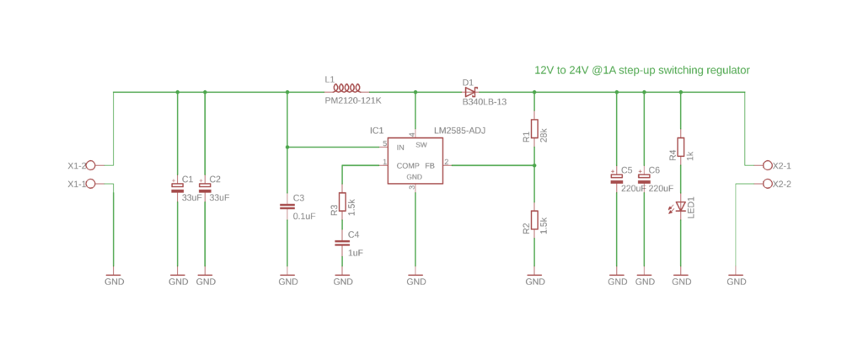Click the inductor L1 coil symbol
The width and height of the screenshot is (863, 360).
(x=346, y=87)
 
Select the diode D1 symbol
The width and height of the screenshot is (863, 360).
(x=470, y=92)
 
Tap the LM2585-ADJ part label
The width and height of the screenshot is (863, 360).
(x=459, y=131)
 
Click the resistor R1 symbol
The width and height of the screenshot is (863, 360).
(x=534, y=129)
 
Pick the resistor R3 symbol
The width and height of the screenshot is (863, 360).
(x=342, y=201)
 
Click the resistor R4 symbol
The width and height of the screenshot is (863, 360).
(x=681, y=147)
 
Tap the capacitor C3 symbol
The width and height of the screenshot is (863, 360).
(x=287, y=206)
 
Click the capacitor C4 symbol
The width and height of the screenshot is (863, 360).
(x=342, y=243)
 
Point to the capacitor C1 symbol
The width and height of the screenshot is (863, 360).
(x=177, y=188)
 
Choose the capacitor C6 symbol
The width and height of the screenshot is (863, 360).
(x=644, y=178)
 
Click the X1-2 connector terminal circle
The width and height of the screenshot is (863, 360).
(x=91, y=165)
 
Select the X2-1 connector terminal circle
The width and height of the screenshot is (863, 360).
(x=767, y=165)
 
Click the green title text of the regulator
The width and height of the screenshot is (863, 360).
(x=641, y=71)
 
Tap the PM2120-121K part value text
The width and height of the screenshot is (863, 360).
(x=353, y=100)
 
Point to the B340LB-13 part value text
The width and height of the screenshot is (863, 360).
(x=484, y=102)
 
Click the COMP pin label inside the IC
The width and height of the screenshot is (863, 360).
(x=408, y=165)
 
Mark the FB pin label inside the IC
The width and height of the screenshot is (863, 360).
(x=430, y=165)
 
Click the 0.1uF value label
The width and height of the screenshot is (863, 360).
(x=303, y=216)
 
